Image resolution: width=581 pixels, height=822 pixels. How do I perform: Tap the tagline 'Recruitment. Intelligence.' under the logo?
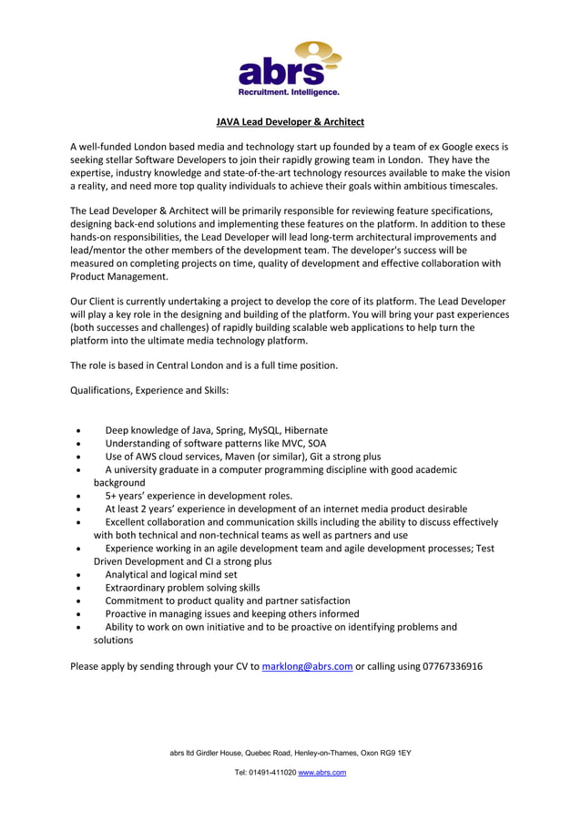289,92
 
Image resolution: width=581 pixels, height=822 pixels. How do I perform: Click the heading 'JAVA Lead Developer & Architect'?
290,121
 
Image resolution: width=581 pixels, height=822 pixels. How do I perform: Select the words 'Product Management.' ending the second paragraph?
119,277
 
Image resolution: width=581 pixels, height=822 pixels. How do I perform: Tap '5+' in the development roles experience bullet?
111,496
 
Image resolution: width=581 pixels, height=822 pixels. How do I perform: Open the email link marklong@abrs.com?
307,666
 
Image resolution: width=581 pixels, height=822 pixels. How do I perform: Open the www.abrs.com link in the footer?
322,773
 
